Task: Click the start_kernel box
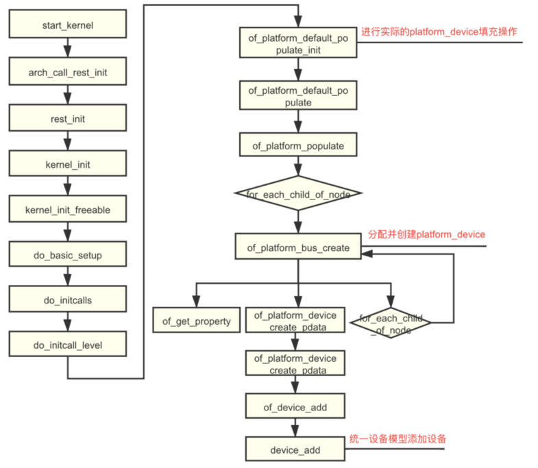(68, 25)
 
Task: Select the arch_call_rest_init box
(68, 71)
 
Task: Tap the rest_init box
(68, 119)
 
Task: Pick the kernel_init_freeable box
(68, 208)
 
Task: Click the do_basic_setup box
(68, 255)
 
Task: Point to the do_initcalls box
(68, 300)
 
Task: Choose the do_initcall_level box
(68, 345)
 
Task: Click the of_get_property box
(196, 320)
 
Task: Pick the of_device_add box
(295, 407)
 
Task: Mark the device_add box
(295, 449)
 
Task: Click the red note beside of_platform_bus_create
(427, 234)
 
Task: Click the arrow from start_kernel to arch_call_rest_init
(68, 48)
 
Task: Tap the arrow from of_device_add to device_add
(295, 428)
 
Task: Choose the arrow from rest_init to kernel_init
(68, 141)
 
